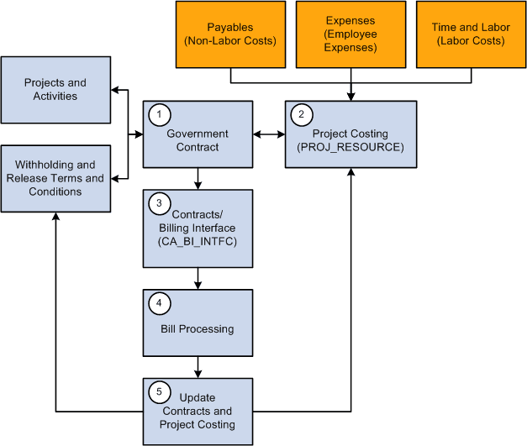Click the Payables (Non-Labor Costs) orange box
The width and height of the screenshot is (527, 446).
coord(230,34)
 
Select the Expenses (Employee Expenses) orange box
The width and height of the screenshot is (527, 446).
coord(350,34)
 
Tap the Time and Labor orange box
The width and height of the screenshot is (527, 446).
coord(471,34)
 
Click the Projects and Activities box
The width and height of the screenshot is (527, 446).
coord(55,90)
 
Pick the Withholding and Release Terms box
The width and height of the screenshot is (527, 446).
coord(55,178)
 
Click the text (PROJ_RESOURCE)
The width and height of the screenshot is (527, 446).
coord(350,147)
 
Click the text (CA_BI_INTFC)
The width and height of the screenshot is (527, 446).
coord(198,242)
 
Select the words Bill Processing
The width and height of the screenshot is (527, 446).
coord(198,328)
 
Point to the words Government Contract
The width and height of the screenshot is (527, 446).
coord(198,140)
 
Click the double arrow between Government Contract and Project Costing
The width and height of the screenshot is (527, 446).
coord(269,134)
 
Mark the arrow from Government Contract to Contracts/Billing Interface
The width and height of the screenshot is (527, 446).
coord(198,178)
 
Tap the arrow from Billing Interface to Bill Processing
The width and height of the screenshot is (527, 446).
coord(198,278)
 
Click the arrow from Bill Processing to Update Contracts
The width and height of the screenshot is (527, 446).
coord(198,366)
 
